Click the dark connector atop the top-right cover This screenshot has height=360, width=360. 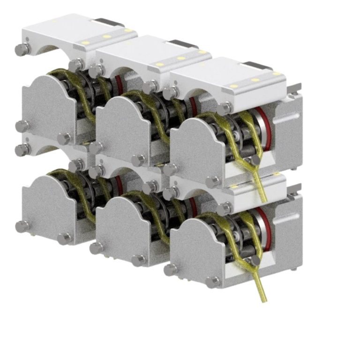[258, 66]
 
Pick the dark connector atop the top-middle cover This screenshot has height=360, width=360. [183, 45]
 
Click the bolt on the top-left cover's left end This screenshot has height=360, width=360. [20, 49]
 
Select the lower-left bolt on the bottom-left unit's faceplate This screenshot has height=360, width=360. [22, 226]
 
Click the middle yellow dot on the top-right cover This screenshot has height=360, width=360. [255, 80]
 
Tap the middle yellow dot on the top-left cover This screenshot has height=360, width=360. [106, 37]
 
